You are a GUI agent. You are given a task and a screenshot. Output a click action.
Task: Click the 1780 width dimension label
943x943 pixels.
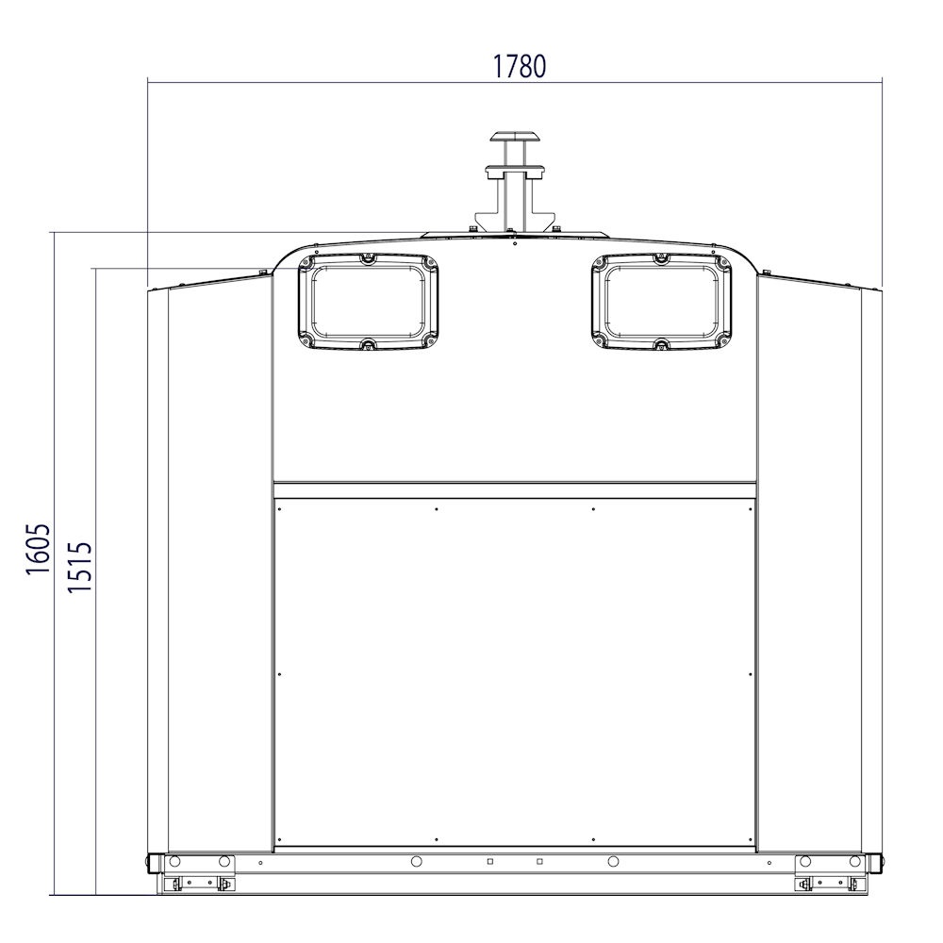coord(520,66)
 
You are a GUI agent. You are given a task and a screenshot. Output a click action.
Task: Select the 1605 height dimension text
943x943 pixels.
coord(38,549)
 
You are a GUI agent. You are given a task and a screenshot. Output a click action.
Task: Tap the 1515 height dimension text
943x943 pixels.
coord(79,567)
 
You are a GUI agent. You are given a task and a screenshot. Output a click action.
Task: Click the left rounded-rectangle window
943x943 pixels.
coord(368,302)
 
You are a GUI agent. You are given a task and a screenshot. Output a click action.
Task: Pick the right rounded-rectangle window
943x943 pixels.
coord(662,302)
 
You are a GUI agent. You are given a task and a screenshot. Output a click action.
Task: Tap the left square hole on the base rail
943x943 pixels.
coord(490,861)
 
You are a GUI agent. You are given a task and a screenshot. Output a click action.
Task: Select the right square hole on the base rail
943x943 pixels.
coord(539,861)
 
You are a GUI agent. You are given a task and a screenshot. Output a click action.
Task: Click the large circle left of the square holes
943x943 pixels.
coord(416,861)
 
